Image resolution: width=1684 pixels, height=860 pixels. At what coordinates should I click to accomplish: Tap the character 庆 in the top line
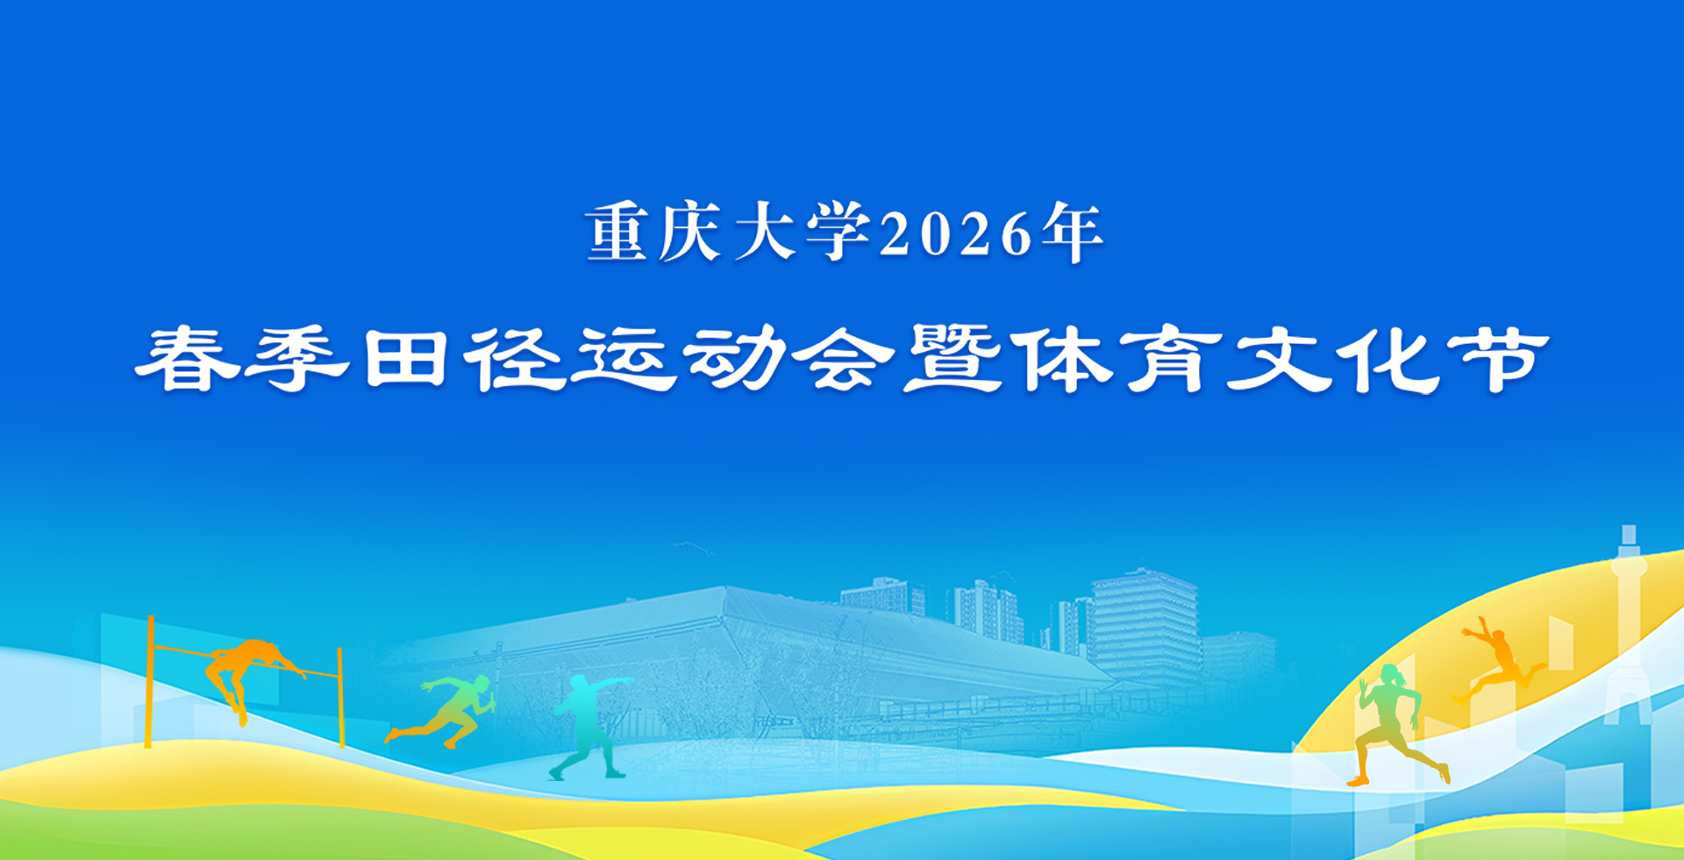click(690, 233)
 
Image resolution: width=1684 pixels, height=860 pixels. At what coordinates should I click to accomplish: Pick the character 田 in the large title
click(407, 359)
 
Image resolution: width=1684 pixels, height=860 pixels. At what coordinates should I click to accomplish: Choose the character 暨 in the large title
click(953, 359)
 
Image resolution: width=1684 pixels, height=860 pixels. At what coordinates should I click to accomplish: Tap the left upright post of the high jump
click(150, 682)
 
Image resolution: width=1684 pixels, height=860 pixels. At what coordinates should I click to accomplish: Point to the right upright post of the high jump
click(340, 697)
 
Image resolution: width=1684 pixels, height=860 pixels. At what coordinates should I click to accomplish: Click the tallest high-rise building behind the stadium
click(1145, 625)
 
